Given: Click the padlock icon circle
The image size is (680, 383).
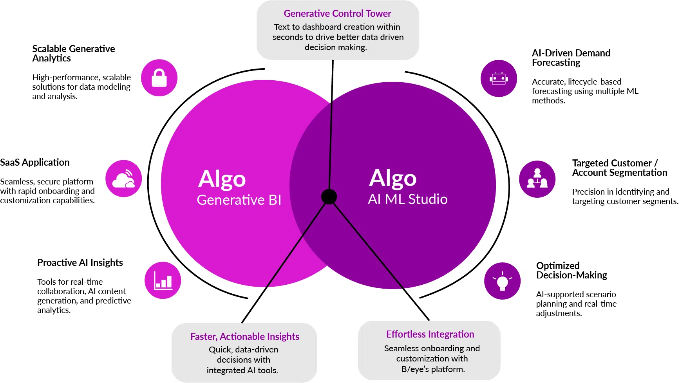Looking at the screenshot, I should click(159, 78).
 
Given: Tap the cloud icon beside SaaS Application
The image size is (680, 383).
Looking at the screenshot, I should click(123, 179).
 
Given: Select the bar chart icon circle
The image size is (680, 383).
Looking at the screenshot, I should click(163, 280).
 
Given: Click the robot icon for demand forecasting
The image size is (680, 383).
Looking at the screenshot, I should click(499, 78).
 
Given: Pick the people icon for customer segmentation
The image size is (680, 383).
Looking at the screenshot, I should click(537, 179).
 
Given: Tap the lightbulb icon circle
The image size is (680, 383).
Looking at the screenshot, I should click(502, 281).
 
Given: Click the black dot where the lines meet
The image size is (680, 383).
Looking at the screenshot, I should click(329, 197).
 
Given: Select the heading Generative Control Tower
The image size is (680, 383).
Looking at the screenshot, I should click(337, 14).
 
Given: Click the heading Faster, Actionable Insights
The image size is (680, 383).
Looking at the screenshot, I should click(245, 336).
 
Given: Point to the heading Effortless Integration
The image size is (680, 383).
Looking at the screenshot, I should click(430, 334).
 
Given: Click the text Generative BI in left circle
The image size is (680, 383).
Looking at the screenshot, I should click(239, 200).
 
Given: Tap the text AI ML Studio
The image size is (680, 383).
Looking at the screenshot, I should click(407, 199).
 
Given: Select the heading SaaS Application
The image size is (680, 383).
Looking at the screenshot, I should click(35, 162).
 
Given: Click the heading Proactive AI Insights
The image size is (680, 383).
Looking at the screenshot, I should click(80, 262).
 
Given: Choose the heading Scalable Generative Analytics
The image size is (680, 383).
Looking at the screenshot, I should click(73, 53).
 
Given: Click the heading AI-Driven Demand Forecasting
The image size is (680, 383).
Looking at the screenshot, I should click(571, 58).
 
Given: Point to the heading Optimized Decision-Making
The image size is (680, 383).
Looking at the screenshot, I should click(571, 270).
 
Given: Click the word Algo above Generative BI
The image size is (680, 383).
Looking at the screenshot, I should click(222, 179).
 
